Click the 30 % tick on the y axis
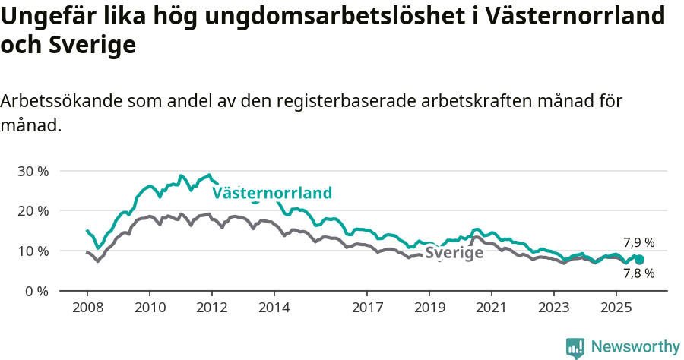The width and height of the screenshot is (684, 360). click(x=33, y=171)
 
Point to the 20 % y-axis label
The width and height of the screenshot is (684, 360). click(x=33, y=210)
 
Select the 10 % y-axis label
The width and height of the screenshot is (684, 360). click(x=33, y=251)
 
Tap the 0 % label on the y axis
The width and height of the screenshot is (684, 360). click(x=36, y=291)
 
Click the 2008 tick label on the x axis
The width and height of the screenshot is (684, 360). click(x=87, y=308)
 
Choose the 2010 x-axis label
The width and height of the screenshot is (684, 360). click(x=150, y=308)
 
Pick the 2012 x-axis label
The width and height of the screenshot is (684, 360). click(x=212, y=308)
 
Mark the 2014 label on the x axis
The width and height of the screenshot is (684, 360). click(x=274, y=308)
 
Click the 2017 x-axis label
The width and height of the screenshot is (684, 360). click(x=367, y=308)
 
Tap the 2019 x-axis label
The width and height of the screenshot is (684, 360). click(x=429, y=308)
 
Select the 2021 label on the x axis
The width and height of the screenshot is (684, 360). click(x=492, y=308)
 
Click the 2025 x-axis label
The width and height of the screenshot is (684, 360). click(x=616, y=308)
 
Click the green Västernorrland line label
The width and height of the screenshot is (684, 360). click(x=272, y=193)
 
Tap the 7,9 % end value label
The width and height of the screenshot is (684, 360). click(x=638, y=243)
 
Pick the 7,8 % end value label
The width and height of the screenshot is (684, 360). click(x=638, y=273)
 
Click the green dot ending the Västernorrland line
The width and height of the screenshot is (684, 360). click(x=639, y=260)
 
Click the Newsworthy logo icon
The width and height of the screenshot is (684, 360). click(x=575, y=348)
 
